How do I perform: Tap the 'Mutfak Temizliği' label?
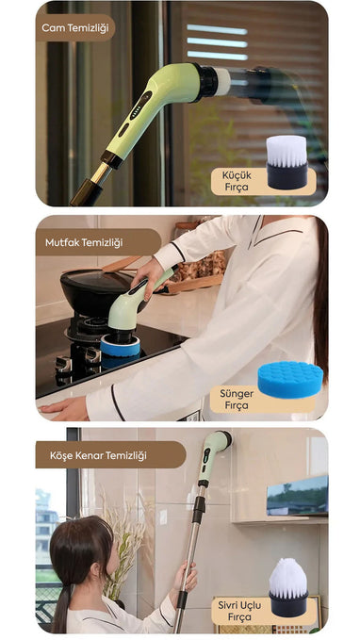(x=84, y=242)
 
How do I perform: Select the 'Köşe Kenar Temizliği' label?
(x=98, y=455)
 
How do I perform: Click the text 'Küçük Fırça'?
(x=237, y=181)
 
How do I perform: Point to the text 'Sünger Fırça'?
(x=237, y=400)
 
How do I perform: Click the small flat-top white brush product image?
(x=286, y=162)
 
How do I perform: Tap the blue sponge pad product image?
(x=290, y=379)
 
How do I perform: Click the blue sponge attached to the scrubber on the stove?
(x=120, y=346)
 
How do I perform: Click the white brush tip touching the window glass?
(x=222, y=82)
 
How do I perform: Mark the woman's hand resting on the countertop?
(x=64, y=409)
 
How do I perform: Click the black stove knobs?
(x=78, y=359)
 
